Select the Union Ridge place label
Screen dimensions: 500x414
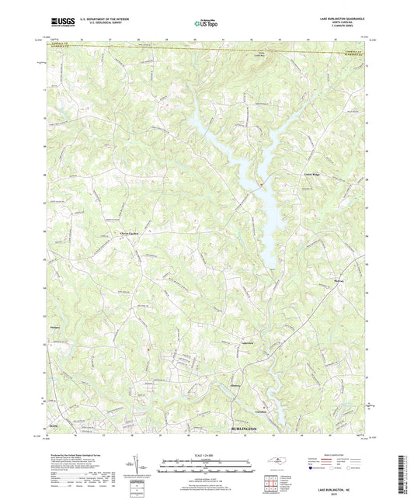(311, 175)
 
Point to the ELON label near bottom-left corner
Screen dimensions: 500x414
(52, 427)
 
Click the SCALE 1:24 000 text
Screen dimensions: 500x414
(207, 454)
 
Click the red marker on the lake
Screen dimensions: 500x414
(262, 183)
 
